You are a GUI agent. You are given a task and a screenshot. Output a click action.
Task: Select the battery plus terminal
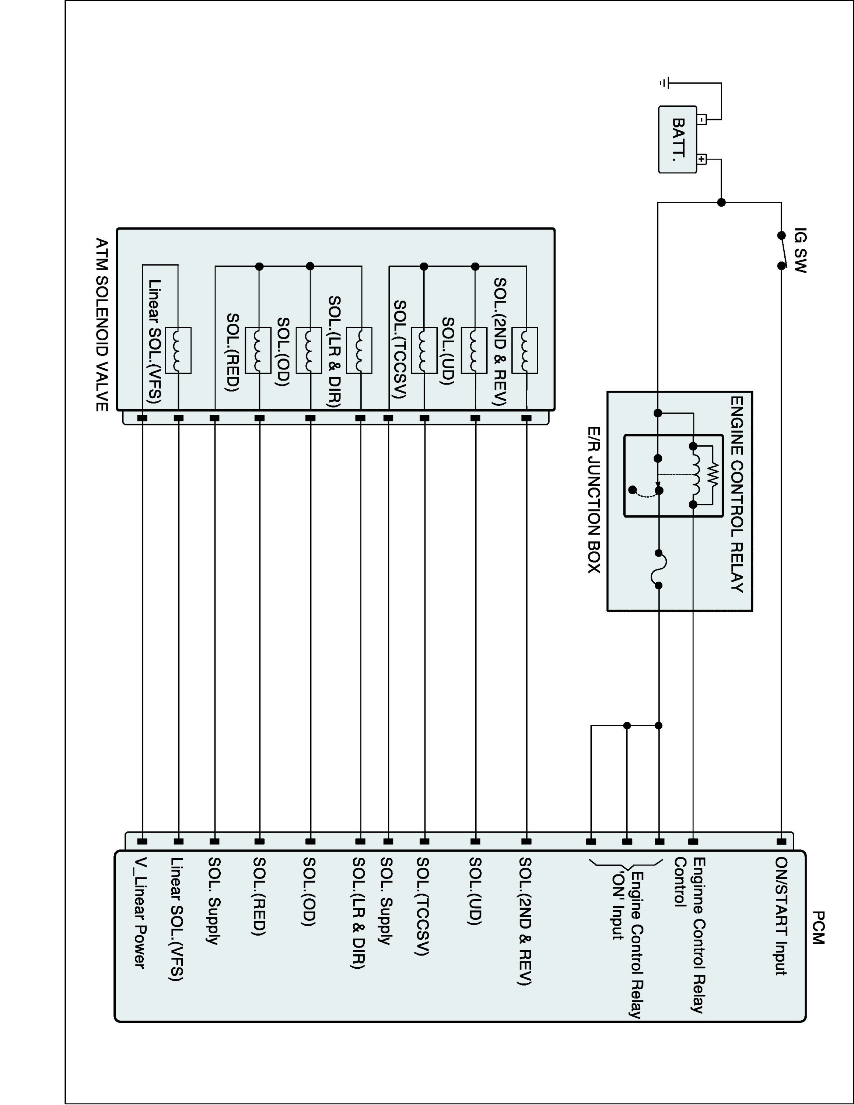pyautogui.click(x=702, y=159)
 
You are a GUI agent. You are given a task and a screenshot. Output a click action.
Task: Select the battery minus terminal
pyautogui.click(x=702, y=119)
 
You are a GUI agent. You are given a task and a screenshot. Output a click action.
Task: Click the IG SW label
pyautogui.click(x=800, y=250)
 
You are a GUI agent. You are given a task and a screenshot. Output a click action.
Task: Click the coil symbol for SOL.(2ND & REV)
pyautogui.click(x=525, y=350)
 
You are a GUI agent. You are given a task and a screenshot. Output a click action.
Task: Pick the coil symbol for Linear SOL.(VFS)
pyautogui.click(x=178, y=350)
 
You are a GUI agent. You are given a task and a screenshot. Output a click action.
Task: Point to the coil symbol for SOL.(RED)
pyautogui.click(x=258, y=350)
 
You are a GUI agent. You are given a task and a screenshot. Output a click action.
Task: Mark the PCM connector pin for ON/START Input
pyautogui.click(x=781, y=841)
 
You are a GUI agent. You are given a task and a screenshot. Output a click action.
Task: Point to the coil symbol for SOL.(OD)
pyautogui.click(x=309, y=350)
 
